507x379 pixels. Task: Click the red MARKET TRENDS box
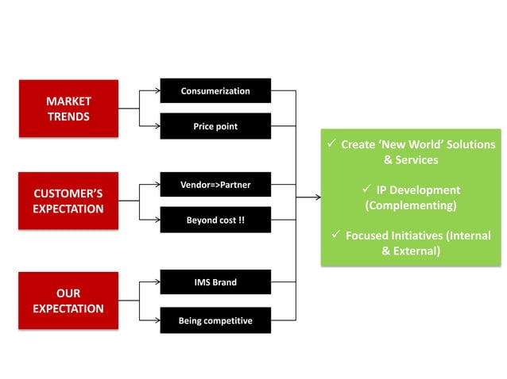[x=68, y=109]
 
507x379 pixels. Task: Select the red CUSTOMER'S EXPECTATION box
[x=68, y=201]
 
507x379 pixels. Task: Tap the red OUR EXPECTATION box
[x=68, y=301]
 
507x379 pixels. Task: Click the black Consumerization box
[x=215, y=90]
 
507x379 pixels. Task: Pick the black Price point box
[x=215, y=126]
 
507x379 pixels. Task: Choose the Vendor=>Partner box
[x=215, y=185]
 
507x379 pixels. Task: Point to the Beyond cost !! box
[x=215, y=220]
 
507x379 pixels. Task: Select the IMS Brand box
[x=215, y=282]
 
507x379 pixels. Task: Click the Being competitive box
[x=215, y=320]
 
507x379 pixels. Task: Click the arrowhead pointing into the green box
[x=317, y=197]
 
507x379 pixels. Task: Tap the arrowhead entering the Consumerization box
[x=157, y=90]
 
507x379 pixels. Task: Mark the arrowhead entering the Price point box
[x=157, y=126]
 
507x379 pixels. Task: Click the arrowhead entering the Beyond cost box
[x=157, y=220]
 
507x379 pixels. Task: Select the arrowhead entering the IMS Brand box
[x=157, y=282]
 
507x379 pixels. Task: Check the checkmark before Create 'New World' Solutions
[x=332, y=144]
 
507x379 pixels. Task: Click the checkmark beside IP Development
[x=367, y=189]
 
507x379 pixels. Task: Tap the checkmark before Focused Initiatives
[x=337, y=235]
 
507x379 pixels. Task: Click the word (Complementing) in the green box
[x=411, y=205]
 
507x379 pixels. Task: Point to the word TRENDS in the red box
[x=68, y=117]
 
